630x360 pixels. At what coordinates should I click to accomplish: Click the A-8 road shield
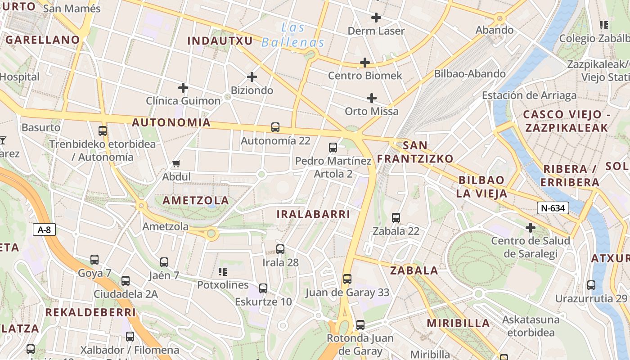[x=44, y=230]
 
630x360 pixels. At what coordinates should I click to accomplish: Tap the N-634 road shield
[x=553, y=208]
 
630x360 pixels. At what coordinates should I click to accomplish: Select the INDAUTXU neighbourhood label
[x=220, y=41]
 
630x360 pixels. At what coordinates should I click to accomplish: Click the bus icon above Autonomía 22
[x=275, y=127]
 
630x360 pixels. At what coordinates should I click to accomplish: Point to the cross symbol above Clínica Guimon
[x=183, y=87]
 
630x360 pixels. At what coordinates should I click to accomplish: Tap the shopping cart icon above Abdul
[x=176, y=164]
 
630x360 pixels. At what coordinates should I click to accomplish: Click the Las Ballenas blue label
[x=293, y=35]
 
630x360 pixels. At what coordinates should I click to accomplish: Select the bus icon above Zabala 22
[x=396, y=218]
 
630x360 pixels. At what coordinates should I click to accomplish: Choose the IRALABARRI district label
[x=313, y=214]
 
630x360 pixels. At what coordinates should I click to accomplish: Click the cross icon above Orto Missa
[x=372, y=98]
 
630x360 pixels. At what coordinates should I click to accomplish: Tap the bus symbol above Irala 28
[x=280, y=249]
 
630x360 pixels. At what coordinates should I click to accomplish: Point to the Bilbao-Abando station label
[x=470, y=74]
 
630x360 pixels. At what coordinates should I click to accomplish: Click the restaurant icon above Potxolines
[x=222, y=271]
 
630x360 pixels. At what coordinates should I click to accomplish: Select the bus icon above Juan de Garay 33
[x=347, y=279]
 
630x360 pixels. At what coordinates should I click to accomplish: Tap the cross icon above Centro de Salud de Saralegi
[x=531, y=228]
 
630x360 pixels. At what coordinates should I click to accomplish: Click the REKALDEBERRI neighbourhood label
[x=90, y=312]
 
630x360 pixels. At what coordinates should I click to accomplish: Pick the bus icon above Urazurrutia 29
[x=591, y=285]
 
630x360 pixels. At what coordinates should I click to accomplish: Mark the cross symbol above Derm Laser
[x=376, y=18]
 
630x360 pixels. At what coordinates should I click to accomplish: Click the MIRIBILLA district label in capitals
[x=458, y=323]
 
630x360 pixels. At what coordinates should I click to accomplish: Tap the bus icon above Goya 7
[x=94, y=260]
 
